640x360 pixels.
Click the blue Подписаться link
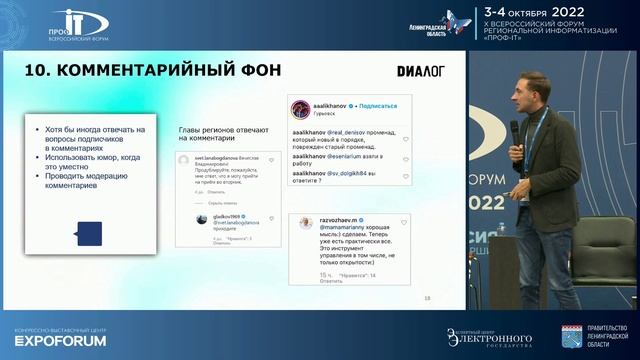tap(381, 105)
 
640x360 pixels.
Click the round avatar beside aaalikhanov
tap(298, 107)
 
